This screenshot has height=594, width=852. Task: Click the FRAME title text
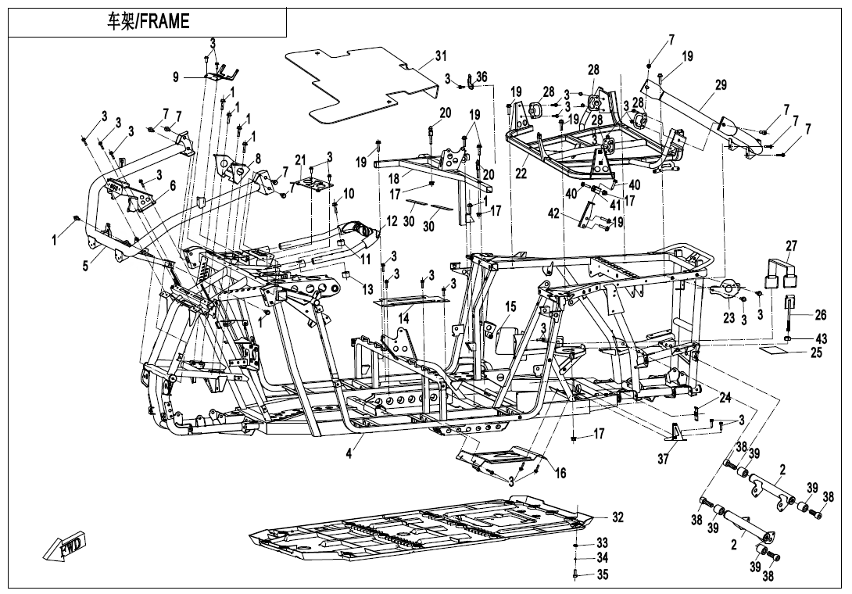pos(148,21)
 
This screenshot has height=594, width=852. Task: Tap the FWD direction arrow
pos(63,545)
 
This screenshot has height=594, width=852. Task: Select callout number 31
pos(440,56)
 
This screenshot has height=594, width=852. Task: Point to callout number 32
pos(618,517)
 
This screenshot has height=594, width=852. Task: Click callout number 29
pos(721,84)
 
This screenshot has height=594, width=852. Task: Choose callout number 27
pos(791,245)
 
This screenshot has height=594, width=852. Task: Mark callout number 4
pos(349,453)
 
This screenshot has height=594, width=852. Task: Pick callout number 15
pos(510,307)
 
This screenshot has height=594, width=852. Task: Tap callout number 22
pos(521,174)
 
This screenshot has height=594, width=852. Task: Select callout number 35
pos(602,574)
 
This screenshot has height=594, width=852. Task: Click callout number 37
pos(662,460)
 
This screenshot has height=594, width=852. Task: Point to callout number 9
pos(176,77)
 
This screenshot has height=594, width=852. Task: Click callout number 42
pos(553,213)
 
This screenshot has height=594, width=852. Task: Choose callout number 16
pos(560,474)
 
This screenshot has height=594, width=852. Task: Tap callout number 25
pos(816,352)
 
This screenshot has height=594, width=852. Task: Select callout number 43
pos(821,338)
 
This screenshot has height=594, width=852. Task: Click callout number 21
pos(300,160)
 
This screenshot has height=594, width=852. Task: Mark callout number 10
pos(349,193)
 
